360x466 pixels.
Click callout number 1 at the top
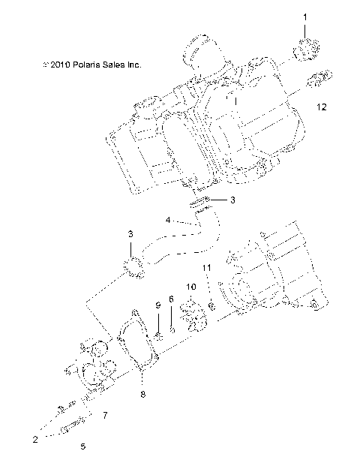pos(305,16)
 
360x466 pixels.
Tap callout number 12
pos(321,108)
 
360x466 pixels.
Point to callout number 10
pos(190,287)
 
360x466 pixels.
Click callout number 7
pos(105,414)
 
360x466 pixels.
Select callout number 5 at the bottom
pos(82,446)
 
